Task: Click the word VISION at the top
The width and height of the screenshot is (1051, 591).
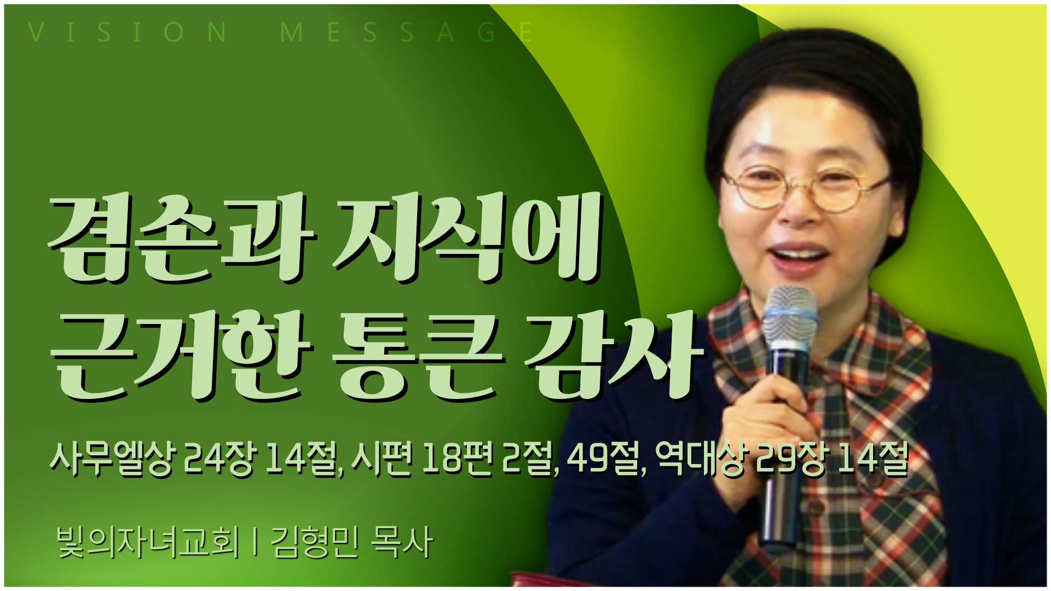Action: (x=127, y=32)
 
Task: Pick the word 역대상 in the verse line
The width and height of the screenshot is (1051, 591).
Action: (x=701, y=459)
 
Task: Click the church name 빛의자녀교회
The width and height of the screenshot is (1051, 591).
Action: (x=148, y=542)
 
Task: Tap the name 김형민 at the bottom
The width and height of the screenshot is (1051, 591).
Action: (x=315, y=542)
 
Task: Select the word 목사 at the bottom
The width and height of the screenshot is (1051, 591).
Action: (x=402, y=542)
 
